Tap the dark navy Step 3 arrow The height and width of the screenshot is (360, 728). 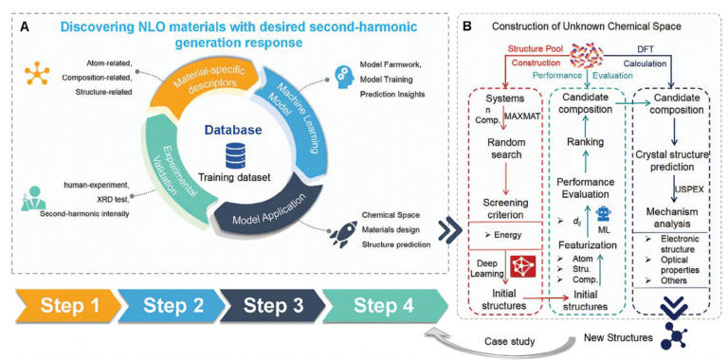[277, 306]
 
